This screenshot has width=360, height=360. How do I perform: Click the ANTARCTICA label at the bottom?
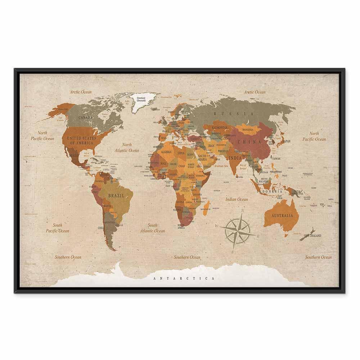pyautogui.click(x=184, y=278)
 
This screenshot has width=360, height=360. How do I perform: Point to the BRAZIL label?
pyautogui.click(x=116, y=195)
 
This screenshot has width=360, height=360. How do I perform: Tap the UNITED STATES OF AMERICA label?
pyautogui.click(x=81, y=141)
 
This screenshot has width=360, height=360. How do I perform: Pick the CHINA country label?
pyautogui.click(x=252, y=141)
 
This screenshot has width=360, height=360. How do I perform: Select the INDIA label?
pyautogui.click(x=235, y=158)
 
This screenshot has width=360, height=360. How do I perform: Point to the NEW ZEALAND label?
pyautogui.click(x=312, y=235)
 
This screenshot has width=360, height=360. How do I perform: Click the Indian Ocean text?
pyautogui.click(x=237, y=199)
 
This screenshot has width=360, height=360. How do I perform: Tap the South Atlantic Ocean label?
pyautogui.click(x=152, y=228)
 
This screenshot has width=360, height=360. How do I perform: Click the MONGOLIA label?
pyautogui.click(x=248, y=130)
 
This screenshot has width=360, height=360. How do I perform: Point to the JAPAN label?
pyautogui.click(x=287, y=141)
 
